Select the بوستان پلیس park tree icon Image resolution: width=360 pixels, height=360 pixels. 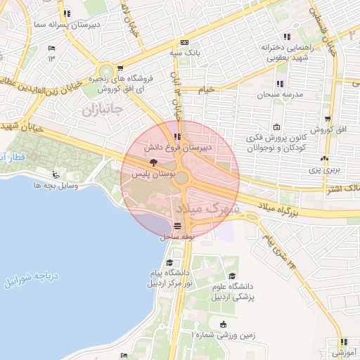tap(154, 162)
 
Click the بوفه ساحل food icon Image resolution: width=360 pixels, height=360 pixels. tap(176, 226)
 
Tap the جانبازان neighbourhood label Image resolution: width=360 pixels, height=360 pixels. tap(103, 110)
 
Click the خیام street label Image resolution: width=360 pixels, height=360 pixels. tap(207, 89)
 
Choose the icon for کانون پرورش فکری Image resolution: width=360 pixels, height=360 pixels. tap(276, 127)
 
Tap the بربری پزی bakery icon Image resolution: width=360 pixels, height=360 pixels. tap(323, 160)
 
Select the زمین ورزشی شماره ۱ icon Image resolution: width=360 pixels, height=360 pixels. tap(223, 324)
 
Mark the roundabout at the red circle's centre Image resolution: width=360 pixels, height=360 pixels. tap(181, 178)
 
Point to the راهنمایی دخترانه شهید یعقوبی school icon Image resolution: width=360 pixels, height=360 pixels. tap(286, 37)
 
